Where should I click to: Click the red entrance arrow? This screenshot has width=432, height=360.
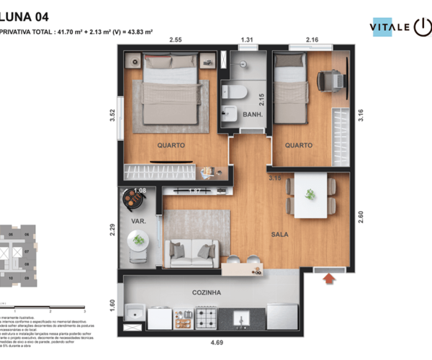click(x=330, y=277)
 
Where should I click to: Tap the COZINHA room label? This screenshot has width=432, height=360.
click(x=206, y=293)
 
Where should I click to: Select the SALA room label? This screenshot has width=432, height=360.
click(x=280, y=235)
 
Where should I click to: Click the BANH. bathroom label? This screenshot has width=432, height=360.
click(x=252, y=114)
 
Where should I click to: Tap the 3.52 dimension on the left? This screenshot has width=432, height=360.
click(x=112, y=115)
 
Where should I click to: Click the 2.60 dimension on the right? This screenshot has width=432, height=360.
click(x=361, y=215)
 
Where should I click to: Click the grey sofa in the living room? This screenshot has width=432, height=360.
click(x=192, y=253)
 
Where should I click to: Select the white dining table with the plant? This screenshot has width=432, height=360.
click(x=310, y=195)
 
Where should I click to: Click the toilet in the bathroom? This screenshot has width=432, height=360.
click(x=235, y=91)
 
